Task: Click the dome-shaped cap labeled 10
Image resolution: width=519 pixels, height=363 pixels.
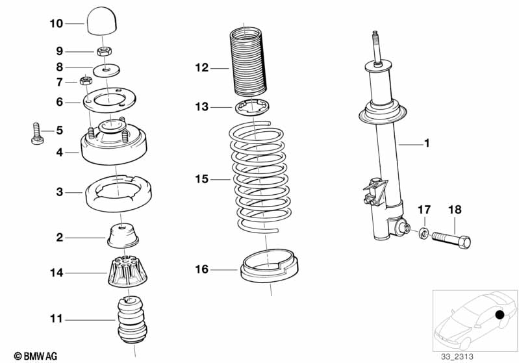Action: pyautogui.click(x=101, y=23)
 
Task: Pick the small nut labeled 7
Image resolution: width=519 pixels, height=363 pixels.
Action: pyautogui.click(x=84, y=81)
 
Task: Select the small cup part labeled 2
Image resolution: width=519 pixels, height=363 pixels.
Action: pyautogui.click(x=123, y=234)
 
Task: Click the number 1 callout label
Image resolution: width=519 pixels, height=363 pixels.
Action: pyautogui.click(x=427, y=144)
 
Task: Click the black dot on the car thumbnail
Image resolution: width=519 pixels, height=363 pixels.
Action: pyautogui.click(x=500, y=316)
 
